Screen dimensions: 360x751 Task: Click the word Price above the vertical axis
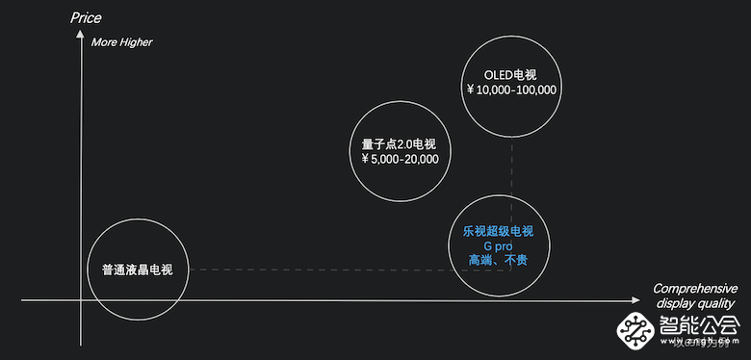[x=86, y=17]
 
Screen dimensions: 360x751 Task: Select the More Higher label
[x=121, y=42]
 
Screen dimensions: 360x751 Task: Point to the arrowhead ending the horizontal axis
[x=635, y=300]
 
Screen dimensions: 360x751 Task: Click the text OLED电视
[x=510, y=74]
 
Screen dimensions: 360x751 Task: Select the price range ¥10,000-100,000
[x=510, y=90]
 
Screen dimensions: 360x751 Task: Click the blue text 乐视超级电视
[x=498, y=231]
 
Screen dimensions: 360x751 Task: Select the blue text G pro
[x=498, y=245]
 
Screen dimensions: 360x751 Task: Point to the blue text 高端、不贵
[x=498, y=260]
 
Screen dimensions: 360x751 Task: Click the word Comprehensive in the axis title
[x=694, y=289]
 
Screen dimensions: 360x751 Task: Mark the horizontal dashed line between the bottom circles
[x=318, y=270]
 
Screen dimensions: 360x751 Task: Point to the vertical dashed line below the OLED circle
[x=510, y=173]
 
